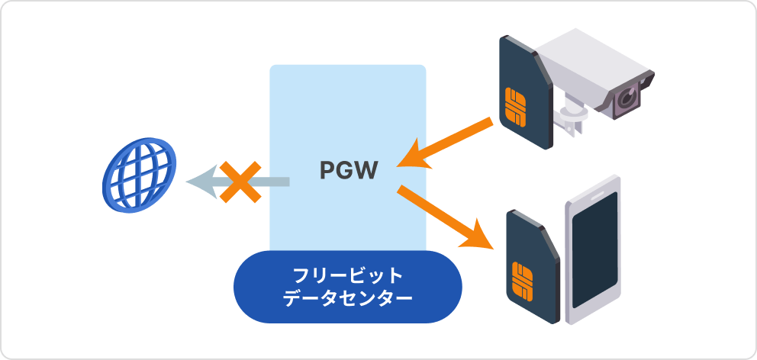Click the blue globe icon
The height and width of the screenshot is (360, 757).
pyautogui.click(x=139, y=175)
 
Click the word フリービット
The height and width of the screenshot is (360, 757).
pyautogui.click(x=348, y=275)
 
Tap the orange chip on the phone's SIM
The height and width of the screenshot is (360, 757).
pyautogui.click(x=524, y=280)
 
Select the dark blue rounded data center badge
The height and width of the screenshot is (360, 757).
pyautogui.click(x=347, y=286)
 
